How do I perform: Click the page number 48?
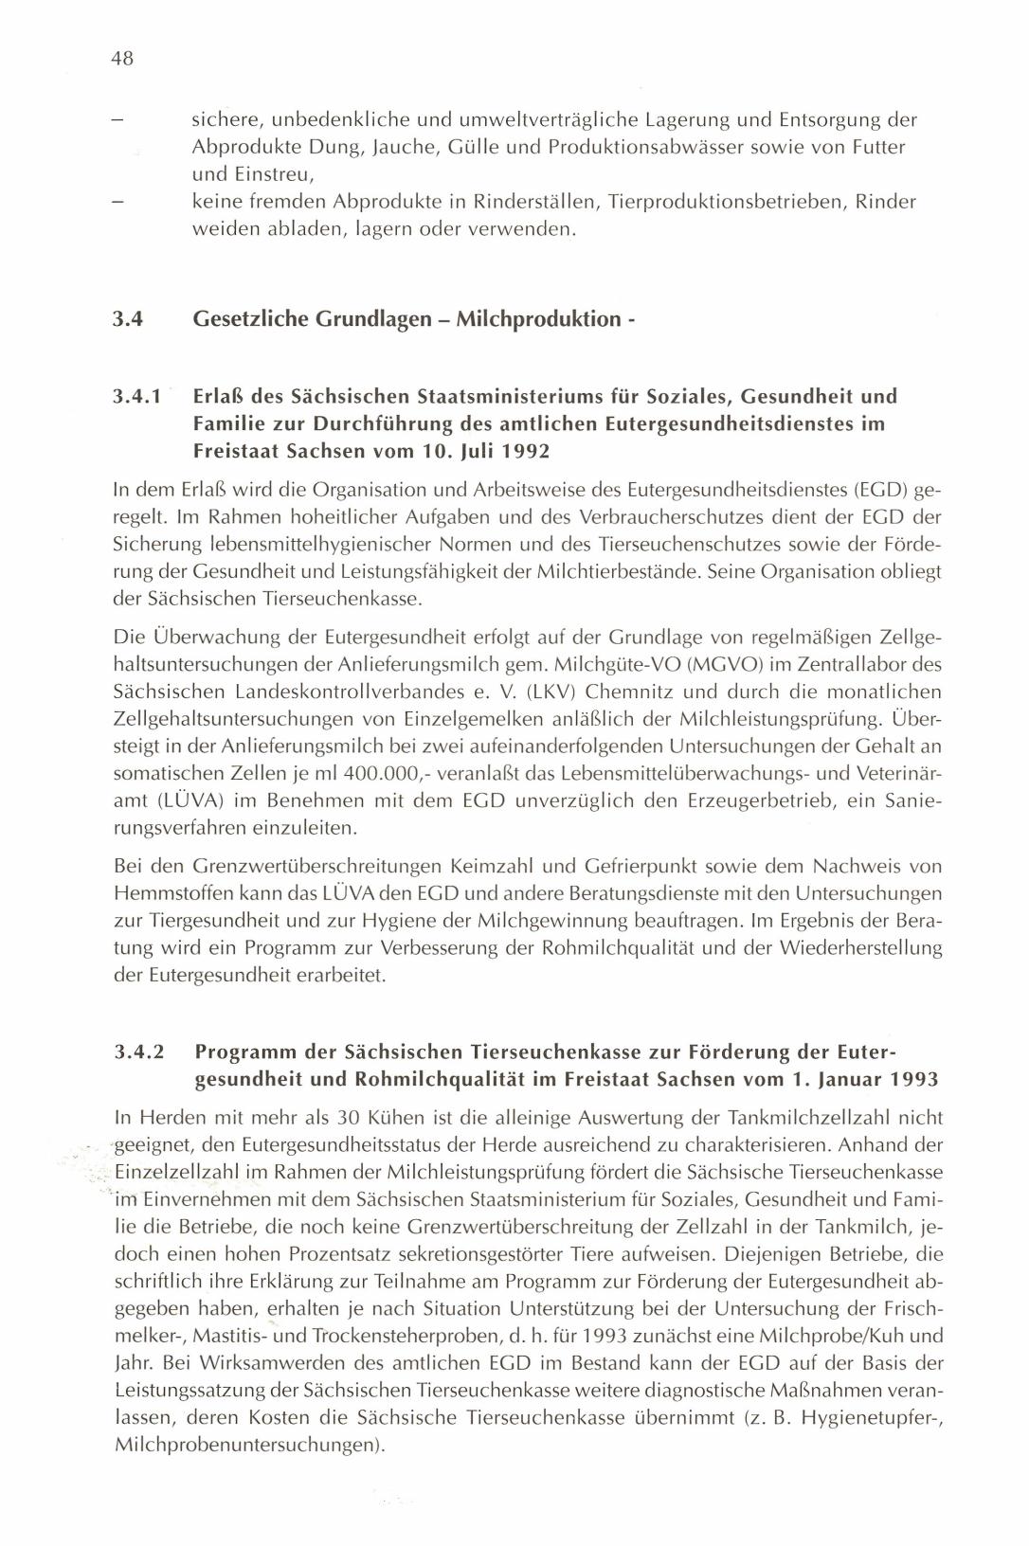(x=122, y=59)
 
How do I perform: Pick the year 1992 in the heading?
(x=520, y=451)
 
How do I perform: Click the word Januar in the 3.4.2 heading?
(x=843, y=1079)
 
